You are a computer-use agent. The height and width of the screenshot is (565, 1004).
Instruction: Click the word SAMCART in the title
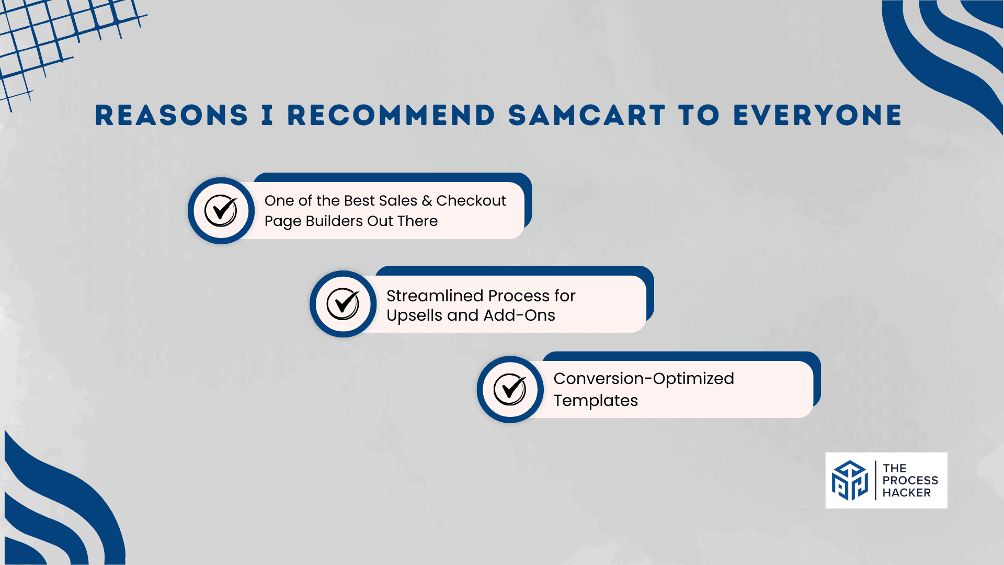pos(587,115)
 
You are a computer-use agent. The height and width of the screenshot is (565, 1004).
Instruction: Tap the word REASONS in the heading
pos(172,115)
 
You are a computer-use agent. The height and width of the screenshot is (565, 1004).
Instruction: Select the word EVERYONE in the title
pos(818,115)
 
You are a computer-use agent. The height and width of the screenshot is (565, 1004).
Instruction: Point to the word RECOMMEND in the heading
pos(391,115)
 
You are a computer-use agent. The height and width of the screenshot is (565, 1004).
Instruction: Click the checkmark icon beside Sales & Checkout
pos(221,210)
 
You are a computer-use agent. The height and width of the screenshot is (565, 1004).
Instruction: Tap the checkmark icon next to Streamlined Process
pos(343,304)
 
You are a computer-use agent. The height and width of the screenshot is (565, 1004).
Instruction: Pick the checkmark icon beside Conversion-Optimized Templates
pos(510,390)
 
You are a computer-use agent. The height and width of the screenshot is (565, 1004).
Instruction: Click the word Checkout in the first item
pos(471,200)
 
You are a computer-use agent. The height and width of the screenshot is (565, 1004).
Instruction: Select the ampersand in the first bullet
pos(427,201)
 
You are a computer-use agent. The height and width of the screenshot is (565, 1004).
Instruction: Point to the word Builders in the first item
pos(334,221)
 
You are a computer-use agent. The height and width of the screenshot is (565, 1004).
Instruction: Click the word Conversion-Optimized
pos(644,379)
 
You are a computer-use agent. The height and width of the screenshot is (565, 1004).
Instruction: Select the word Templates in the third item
pos(596,401)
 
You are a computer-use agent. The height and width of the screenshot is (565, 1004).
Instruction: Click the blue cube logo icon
pos(850,480)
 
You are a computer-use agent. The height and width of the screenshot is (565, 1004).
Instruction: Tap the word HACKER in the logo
pos(907,493)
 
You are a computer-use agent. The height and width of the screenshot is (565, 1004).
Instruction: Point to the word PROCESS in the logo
pos(910,480)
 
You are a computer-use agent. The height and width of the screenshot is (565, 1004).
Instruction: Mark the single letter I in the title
pos(267,115)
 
